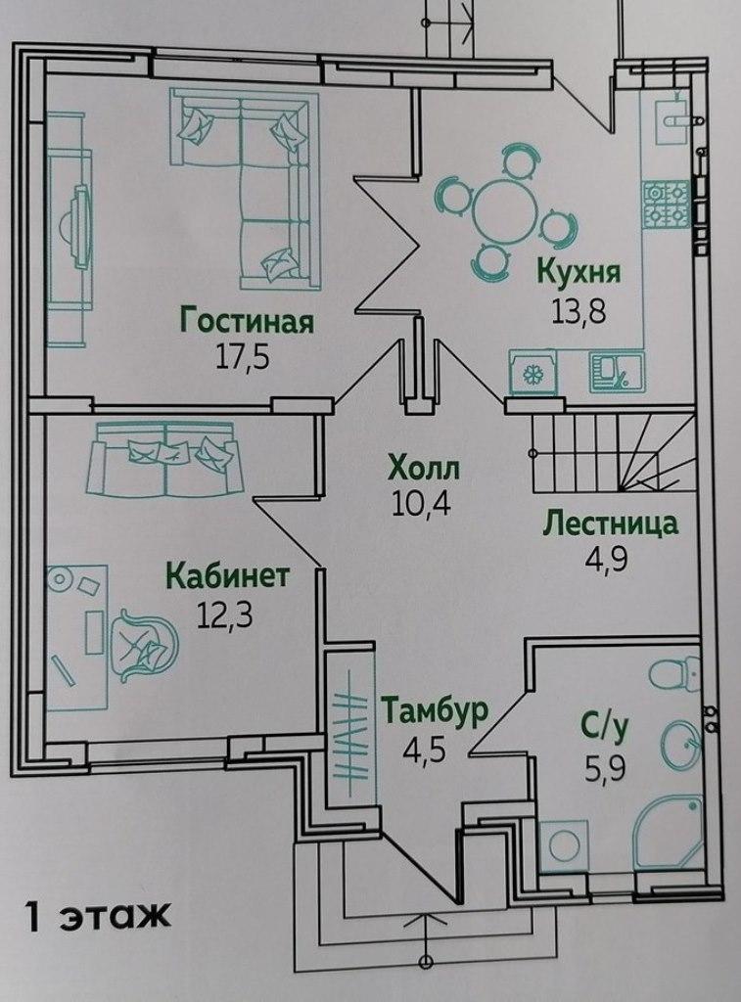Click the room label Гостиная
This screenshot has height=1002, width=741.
[x=247, y=321]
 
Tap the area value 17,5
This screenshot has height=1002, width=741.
[x=243, y=357]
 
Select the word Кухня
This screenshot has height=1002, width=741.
[x=579, y=272]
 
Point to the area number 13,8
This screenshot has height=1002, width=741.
[x=578, y=312]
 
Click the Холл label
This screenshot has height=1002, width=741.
[x=423, y=469]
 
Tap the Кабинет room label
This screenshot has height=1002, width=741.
[x=228, y=575]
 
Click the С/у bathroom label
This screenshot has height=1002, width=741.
[x=605, y=727]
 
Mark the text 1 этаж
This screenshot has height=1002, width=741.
[x=97, y=916]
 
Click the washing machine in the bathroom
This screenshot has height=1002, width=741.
[x=564, y=845]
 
